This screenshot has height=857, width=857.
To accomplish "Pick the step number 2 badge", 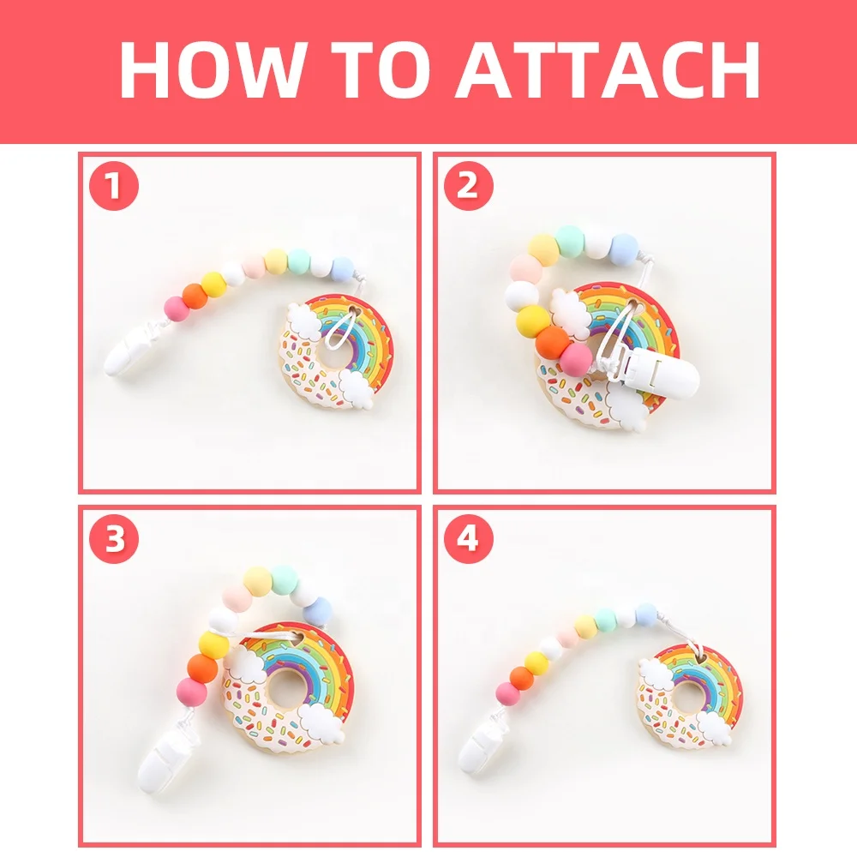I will tap(467, 187).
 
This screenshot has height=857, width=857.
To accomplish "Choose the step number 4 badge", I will tap(467, 539).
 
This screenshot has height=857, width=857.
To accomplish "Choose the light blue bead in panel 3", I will tap(318, 611).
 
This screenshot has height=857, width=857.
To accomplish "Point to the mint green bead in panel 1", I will tap(299, 259).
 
